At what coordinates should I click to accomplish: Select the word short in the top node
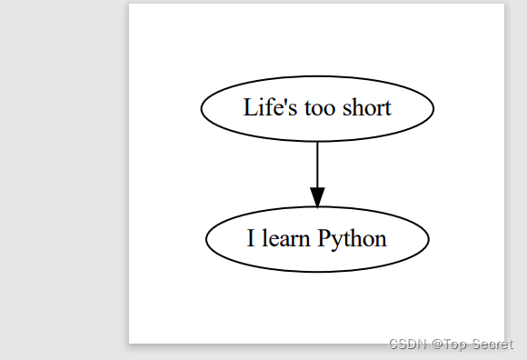coord(364,108)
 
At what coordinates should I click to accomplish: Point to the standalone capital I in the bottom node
coord(252,239)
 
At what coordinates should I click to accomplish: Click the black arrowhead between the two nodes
coord(317,197)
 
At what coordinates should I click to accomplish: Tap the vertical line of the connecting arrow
coord(317,164)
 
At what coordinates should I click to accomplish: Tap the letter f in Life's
coord(264,107)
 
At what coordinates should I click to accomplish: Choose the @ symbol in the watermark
coord(437,344)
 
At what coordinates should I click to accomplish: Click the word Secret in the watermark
coord(492,344)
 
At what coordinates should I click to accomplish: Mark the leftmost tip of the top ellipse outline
coord(201,108)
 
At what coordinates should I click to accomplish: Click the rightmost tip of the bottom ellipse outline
coord(428,239)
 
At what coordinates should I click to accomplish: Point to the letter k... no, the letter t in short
coord(388,108)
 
